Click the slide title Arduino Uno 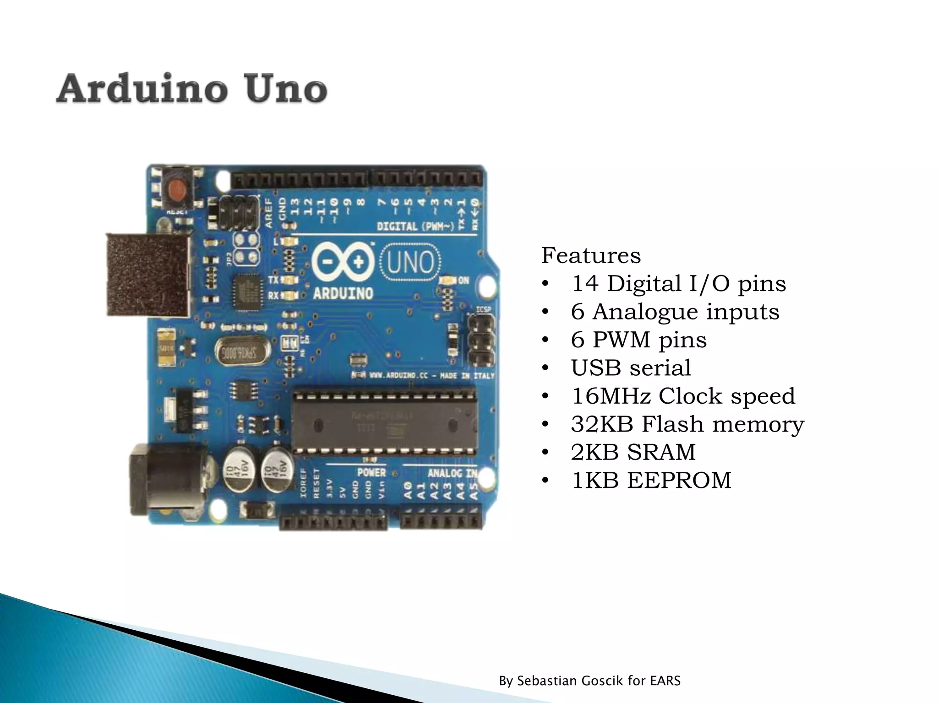pos(191,88)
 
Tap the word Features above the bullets pos(591,255)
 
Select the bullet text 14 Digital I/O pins pos(678,284)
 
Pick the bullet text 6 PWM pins pos(638,340)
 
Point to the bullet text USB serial pos(631,368)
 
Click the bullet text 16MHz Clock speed pos(682,396)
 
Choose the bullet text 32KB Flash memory pos(687,424)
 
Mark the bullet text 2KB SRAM pos(633,453)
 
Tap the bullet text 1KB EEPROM pos(650,481)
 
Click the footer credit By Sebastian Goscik pos(589,681)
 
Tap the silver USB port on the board pos(149,276)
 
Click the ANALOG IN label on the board pos(453,473)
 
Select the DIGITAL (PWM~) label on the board pos(415,227)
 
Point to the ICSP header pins pos(480,341)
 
